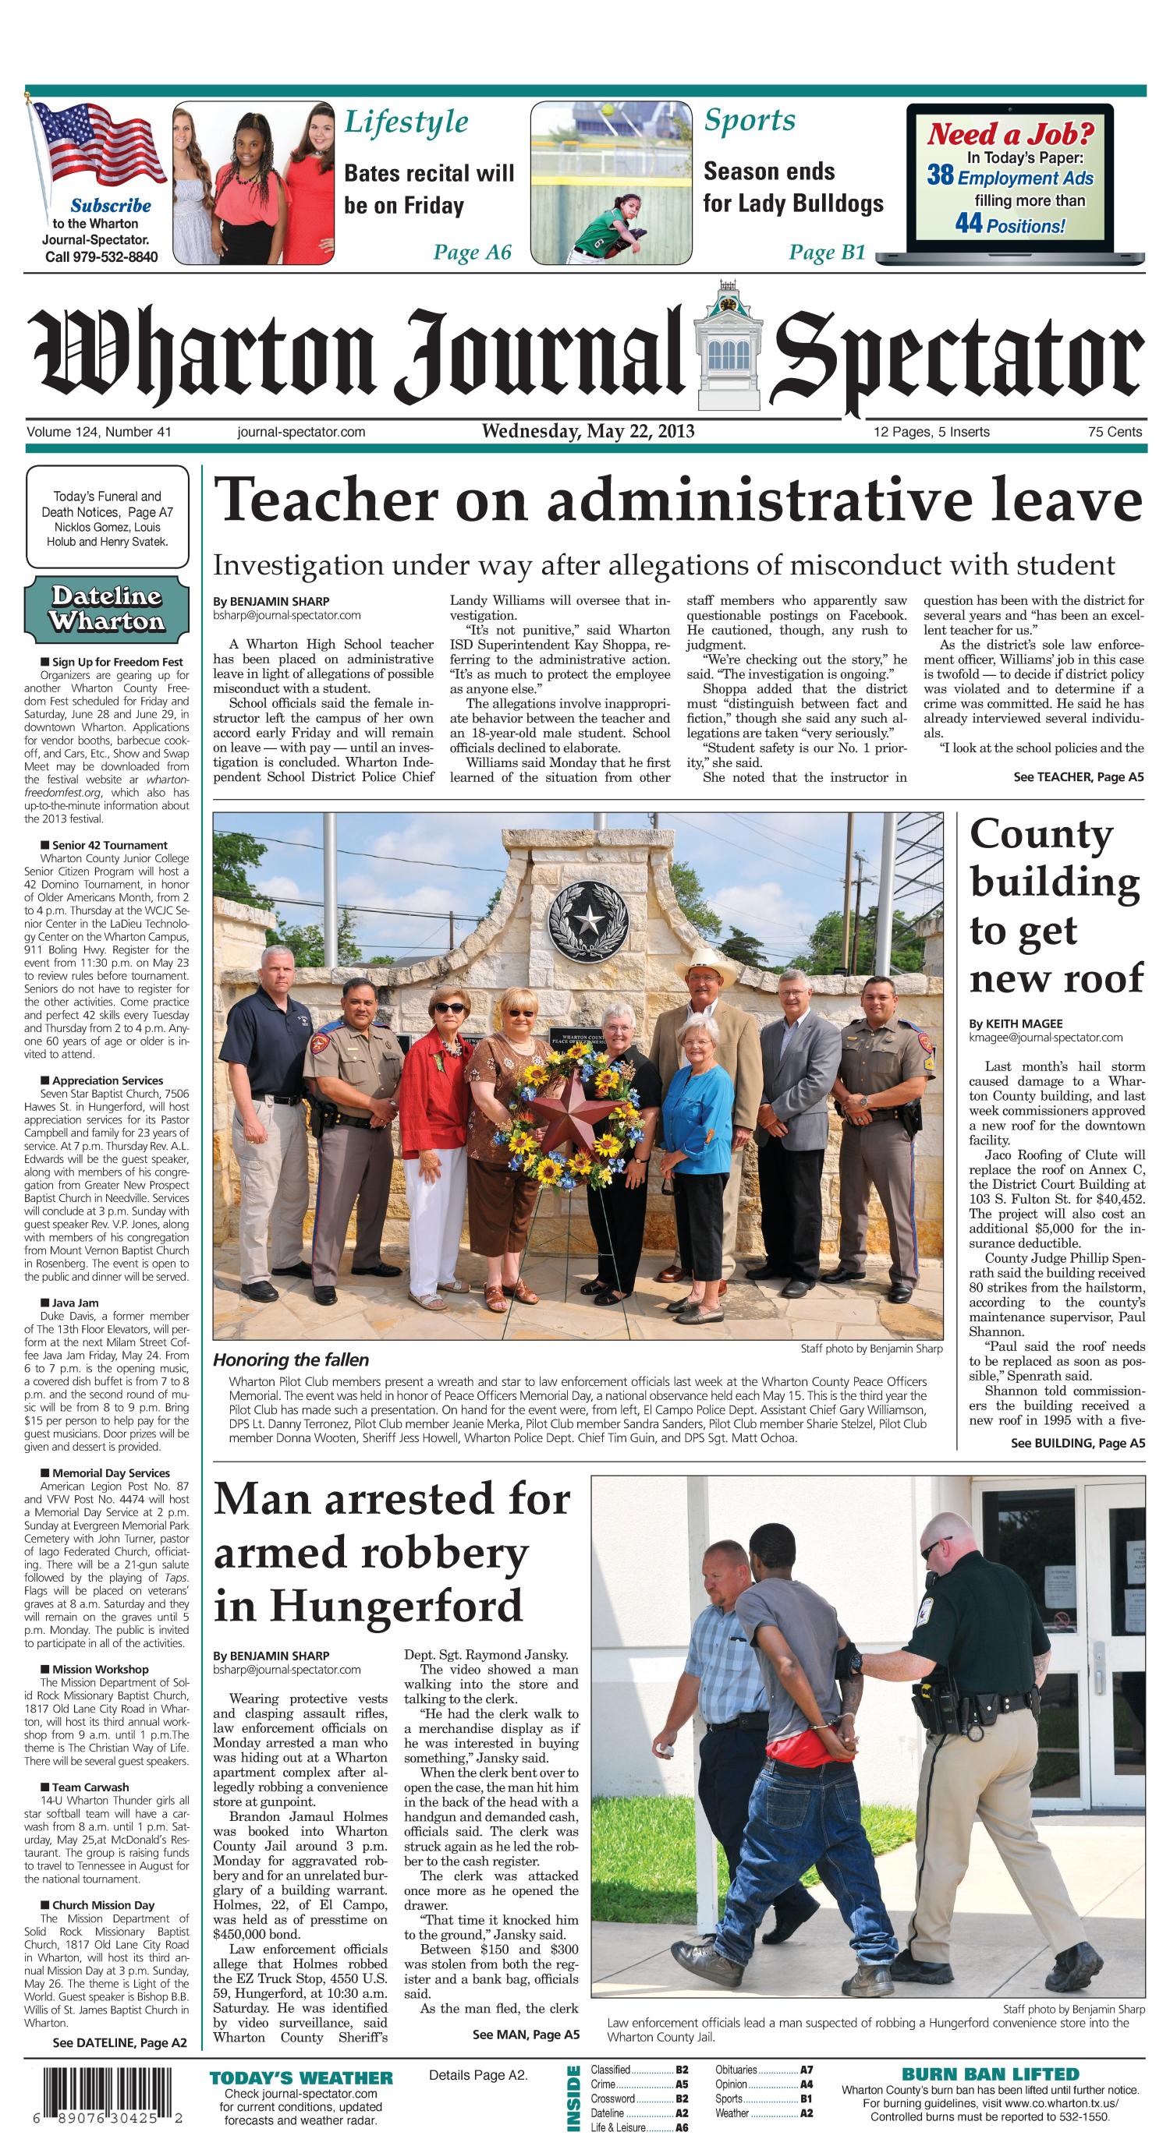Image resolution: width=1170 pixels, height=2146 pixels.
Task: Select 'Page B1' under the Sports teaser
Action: [828, 253]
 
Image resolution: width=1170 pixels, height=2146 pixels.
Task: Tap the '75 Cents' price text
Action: [1114, 432]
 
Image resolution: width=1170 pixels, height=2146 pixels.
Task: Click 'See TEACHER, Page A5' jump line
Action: [1078, 777]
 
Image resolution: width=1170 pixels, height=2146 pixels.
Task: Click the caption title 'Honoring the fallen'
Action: [291, 1360]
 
